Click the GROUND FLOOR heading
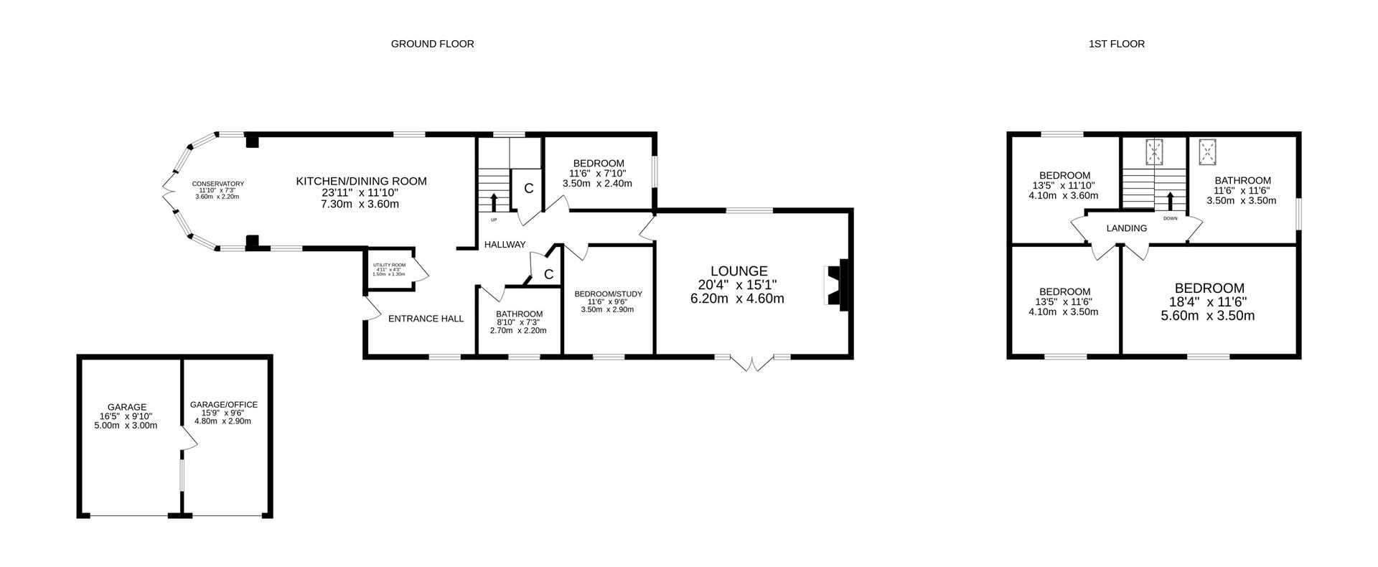tap(432, 44)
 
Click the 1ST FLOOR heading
tap(1116, 44)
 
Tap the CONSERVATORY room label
tap(217, 184)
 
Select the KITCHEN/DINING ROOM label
tap(361, 181)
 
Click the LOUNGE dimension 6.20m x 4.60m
tap(737, 299)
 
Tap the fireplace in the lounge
tap(837, 284)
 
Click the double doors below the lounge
tap(753, 362)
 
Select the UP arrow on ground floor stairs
tap(494, 202)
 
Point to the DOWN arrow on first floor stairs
tap(1171, 201)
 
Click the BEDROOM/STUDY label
tap(608, 294)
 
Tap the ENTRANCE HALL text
tap(426, 319)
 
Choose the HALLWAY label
tap(505, 245)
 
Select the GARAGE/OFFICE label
tap(223, 405)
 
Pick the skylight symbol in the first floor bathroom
tap(1206, 151)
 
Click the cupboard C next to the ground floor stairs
tap(528, 189)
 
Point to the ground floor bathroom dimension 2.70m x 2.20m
tap(517, 331)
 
